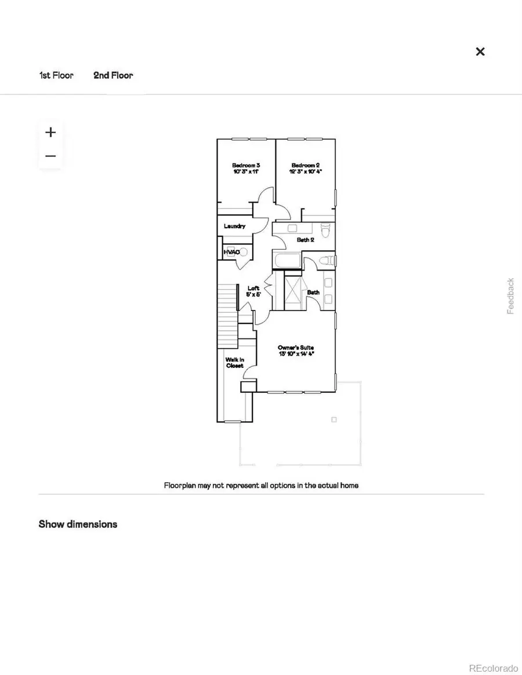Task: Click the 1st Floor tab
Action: pos(56,75)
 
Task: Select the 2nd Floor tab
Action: pos(113,75)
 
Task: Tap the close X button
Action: pos(480,52)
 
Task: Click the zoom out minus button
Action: pos(50,156)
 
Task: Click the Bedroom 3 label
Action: pos(246,169)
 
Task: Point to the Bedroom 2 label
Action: pos(305,169)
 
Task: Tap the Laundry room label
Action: pos(235,226)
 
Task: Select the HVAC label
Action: pos(231,252)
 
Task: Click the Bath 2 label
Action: pos(305,239)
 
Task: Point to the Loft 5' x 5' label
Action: pos(253,291)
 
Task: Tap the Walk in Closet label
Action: pos(235,363)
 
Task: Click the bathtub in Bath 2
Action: pos(288,261)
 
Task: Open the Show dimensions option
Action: pos(78,524)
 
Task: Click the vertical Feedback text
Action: pos(510,296)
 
